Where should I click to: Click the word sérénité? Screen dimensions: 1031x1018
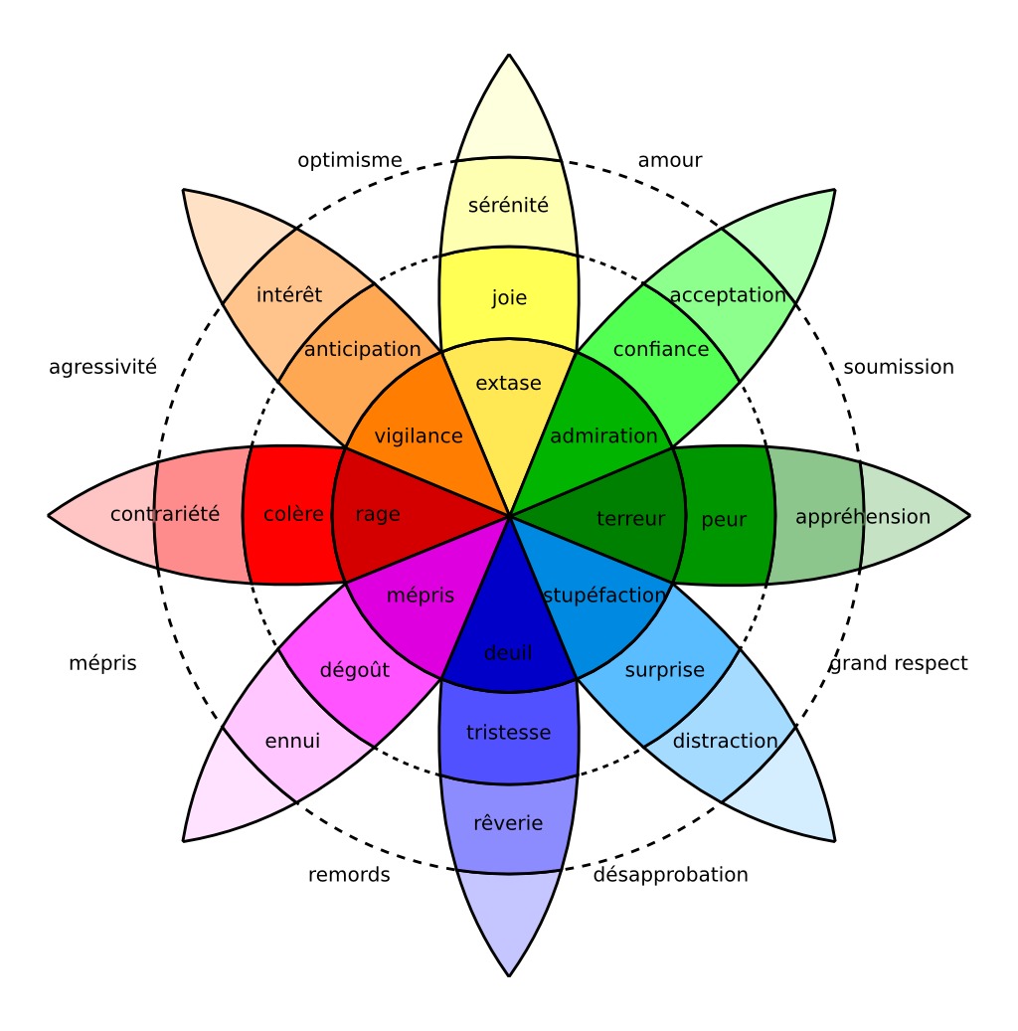508,206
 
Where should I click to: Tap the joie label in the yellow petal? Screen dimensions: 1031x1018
509,297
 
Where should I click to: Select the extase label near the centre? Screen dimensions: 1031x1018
508,383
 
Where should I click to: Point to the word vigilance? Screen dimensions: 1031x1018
419,435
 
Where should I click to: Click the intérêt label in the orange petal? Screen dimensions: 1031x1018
289,295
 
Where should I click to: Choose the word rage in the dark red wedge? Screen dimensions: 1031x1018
378,514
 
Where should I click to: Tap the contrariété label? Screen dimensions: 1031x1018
165,514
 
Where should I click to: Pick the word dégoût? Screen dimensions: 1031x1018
355,670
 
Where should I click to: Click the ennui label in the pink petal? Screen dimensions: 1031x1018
292,741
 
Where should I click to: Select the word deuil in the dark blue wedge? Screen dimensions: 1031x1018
508,653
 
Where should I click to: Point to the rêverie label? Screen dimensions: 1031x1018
508,823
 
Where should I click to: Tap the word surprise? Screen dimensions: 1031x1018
664,670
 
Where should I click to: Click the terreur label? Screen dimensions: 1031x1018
630,518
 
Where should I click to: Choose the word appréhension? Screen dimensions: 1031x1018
863,517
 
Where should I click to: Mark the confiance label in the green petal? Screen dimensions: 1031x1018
661,349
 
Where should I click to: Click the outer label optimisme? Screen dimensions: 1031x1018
350,160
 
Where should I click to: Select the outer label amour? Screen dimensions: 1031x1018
670,160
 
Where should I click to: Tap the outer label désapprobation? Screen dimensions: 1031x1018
671,875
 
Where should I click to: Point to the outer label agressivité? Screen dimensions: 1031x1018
103,367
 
